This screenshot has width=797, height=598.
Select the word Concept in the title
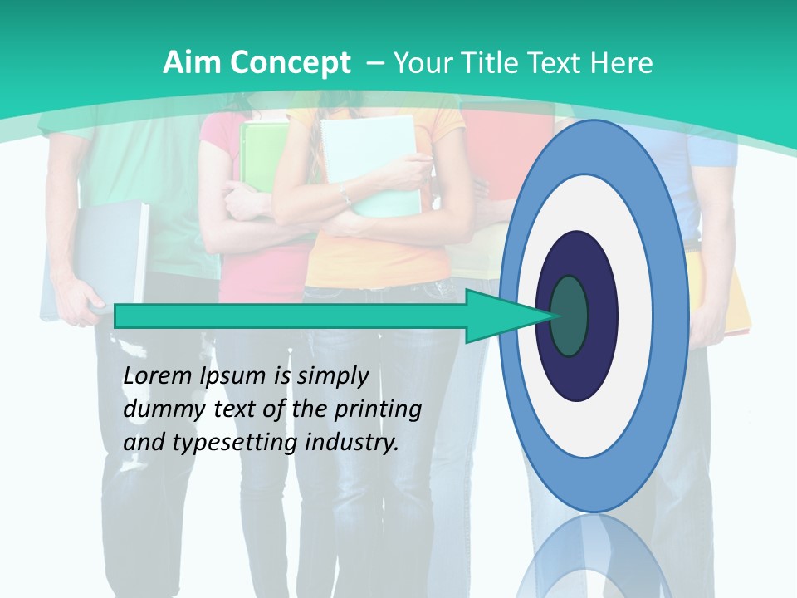pos(290,63)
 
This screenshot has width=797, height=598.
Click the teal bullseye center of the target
pos(569,316)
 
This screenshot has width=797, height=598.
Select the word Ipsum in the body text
pos(234,376)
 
